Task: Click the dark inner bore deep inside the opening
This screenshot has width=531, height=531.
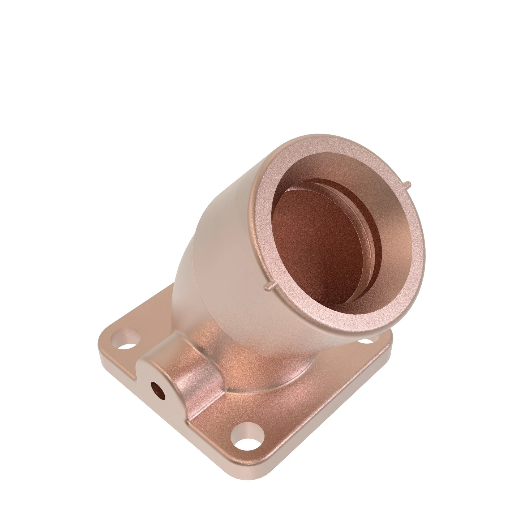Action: tap(316, 242)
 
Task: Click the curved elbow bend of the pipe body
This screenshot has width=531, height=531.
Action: tap(192, 261)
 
